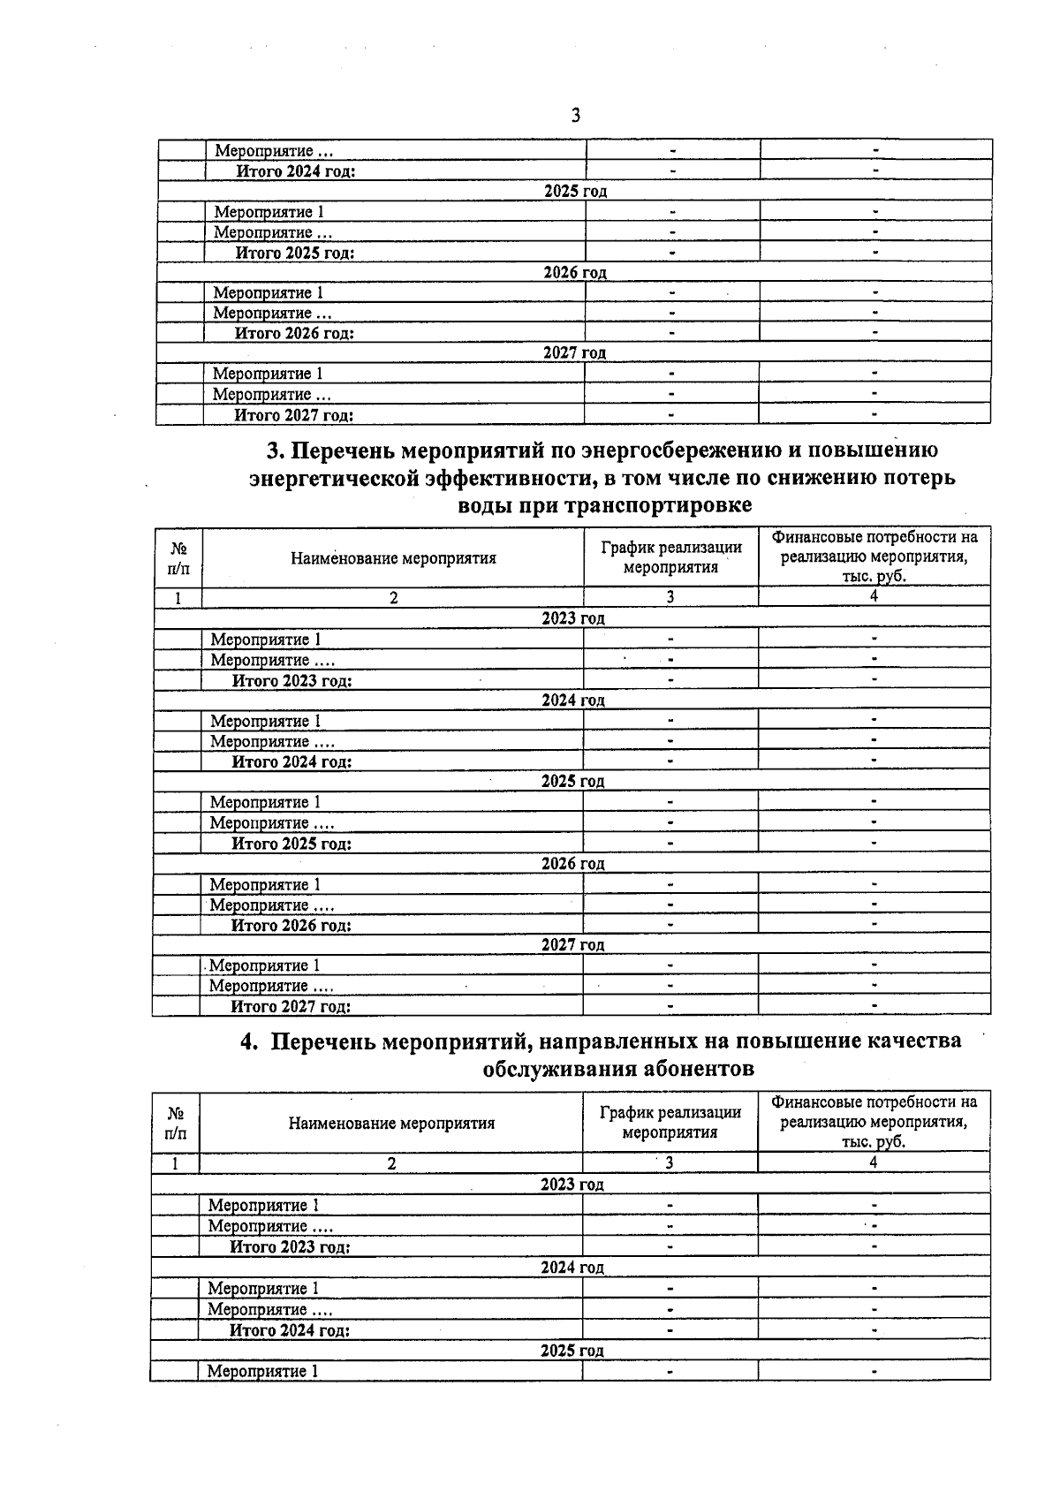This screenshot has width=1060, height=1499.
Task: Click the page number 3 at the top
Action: coord(575,116)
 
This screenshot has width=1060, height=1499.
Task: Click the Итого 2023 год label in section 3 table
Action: coord(291,681)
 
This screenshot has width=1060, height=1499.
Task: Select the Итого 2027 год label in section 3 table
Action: coord(291,1006)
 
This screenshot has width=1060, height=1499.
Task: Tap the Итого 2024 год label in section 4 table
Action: coord(290,1330)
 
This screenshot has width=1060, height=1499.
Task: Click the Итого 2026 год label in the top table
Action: coord(294,333)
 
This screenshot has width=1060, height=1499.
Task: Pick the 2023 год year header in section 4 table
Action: coord(572,1185)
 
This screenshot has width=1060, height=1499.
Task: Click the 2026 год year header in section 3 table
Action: coord(573,863)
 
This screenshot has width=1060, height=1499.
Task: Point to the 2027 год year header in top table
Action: coord(575,353)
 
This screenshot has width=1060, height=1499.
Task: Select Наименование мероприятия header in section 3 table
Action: coord(393,558)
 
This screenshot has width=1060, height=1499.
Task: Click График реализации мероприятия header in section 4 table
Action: coord(670,1123)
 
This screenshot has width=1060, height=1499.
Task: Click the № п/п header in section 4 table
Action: coord(176,1123)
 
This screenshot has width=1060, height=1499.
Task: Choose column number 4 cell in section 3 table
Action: coord(874,596)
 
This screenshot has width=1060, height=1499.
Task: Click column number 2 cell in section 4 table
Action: coord(391,1163)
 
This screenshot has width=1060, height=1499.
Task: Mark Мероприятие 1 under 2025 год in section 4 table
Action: coord(262,1371)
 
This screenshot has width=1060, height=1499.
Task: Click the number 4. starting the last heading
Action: coord(250,1042)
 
